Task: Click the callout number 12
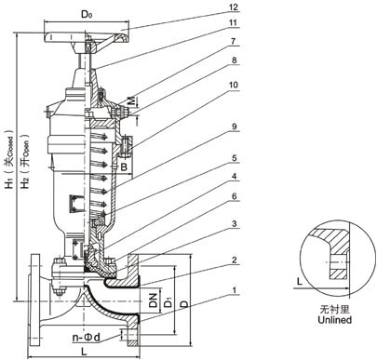point(234,7)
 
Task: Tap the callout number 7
point(234,41)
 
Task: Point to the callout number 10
point(234,85)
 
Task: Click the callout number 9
point(235,127)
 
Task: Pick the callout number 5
point(235,158)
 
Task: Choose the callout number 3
point(235,223)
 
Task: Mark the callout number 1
point(235,290)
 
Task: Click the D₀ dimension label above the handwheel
point(87,14)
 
